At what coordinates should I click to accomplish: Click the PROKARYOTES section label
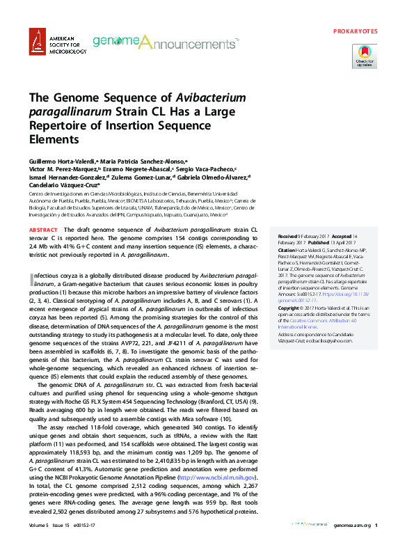click(356, 31)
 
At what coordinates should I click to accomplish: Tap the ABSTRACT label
click(42, 229)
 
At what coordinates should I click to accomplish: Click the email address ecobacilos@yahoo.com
click(328, 341)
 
